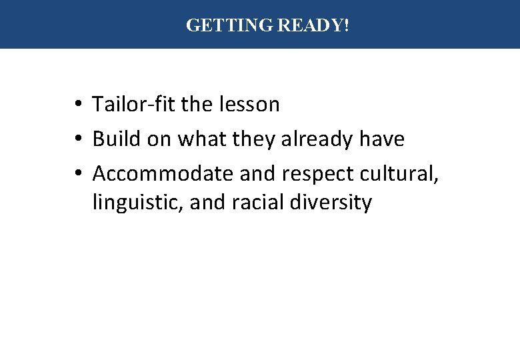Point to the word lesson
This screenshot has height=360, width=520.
[248, 105]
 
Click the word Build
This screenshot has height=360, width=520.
[115, 139]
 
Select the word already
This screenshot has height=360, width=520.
[317, 140]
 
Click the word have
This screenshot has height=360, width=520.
[381, 139]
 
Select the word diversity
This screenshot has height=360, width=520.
[331, 203]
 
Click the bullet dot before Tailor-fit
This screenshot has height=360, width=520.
[79, 105]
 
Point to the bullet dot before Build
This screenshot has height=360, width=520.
[79, 140]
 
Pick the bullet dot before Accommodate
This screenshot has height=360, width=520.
[79, 174]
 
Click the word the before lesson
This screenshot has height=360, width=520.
[197, 105]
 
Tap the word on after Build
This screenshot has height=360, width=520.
[157, 140]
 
